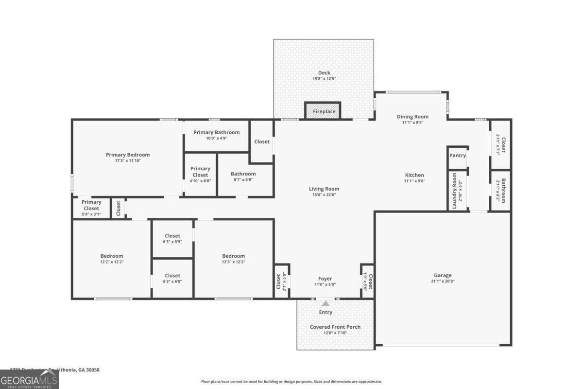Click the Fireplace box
(323, 111)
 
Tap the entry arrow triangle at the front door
(326, 303)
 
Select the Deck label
(324, 73)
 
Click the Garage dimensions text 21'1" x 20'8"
(443, 281)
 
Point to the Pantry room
(458, 156)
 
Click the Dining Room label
(412, 116)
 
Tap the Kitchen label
(414, 175)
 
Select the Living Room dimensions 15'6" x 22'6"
(324, 194)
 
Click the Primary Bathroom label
(216, 132)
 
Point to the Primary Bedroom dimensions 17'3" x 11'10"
(128, 160)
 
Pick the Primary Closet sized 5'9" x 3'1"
(91, 208)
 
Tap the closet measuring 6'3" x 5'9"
(172, 239)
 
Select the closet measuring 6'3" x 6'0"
(172, 279)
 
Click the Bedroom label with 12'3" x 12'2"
(233, 256)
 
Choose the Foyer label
(325, 279)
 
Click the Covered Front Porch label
(335, 327)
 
